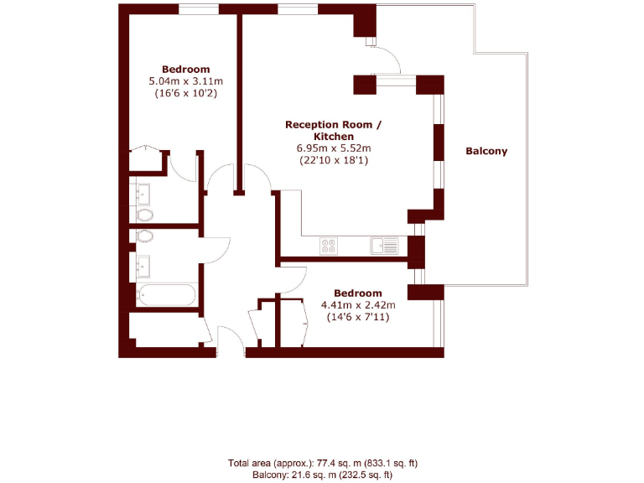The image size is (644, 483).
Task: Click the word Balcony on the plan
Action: (486, 152)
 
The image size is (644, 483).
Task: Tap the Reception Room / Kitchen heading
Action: (333, 130)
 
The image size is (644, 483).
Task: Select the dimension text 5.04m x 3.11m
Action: (185, 81)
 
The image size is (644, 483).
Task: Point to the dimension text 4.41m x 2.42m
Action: (357, 305)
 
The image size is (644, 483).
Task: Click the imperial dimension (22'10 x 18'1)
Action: (333, 159)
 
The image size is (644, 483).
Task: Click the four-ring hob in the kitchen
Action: (329, 246)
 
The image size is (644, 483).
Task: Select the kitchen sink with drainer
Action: (385, 246)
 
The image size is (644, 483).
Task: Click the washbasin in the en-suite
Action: (143, 194)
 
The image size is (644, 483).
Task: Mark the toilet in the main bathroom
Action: (143, 237)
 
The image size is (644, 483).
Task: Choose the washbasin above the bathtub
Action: (143, 267)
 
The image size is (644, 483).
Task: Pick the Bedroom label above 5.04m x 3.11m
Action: (185, 69)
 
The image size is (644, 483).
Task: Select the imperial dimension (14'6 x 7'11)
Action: (357, 318)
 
